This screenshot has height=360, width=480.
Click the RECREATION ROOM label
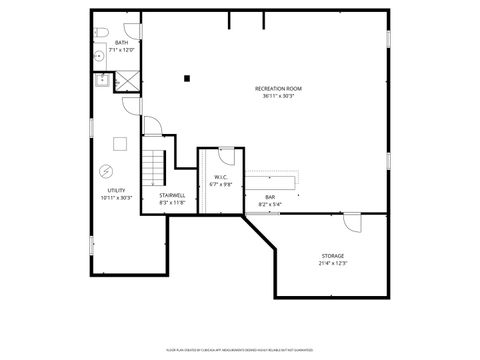(x=278, y=88)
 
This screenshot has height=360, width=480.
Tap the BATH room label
(x=121, y=43)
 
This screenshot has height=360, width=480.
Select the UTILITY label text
(x=116, y=190)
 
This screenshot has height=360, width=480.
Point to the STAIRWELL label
(x=172, y=195)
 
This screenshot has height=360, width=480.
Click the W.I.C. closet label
(x=221, y=178)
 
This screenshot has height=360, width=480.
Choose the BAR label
(x=270, y=197)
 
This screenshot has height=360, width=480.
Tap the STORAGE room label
(x=333, y=256)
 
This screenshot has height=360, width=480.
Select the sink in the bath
(x=100, y=58)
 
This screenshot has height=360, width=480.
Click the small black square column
(x=186, y=78)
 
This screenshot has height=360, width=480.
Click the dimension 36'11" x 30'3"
(x=279, y=96)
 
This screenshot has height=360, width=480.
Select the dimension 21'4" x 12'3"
(x=333, y=264)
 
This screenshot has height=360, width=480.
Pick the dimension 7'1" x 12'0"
(x=121, y=50)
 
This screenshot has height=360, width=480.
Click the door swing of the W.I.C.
(x=226, y=155)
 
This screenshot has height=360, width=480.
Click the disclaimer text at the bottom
(x=239, y=350)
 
